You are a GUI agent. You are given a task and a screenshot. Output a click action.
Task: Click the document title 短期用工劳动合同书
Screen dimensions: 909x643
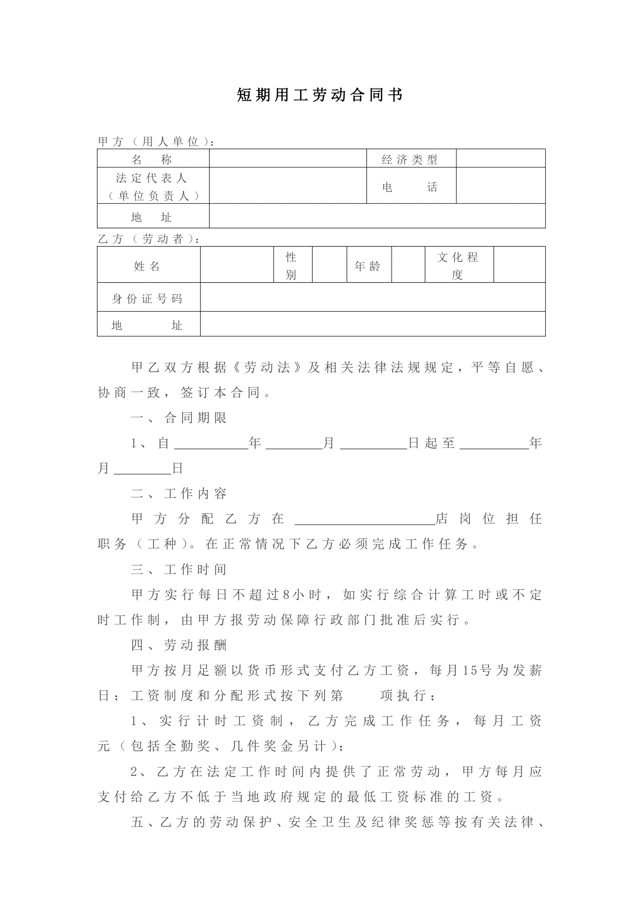320,95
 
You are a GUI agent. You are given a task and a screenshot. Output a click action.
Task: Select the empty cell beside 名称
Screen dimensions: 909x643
287,159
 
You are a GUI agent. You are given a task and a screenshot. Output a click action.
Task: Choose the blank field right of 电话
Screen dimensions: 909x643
500,186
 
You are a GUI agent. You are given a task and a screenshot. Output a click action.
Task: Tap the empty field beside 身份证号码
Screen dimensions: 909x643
372,297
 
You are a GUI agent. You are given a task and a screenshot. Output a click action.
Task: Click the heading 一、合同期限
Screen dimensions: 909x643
179,418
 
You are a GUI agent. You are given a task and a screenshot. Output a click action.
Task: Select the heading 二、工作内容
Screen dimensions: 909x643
179,493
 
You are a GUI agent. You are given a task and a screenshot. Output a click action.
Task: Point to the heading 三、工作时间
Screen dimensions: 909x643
179,569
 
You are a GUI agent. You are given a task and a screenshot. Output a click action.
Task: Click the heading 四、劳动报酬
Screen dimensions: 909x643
179,645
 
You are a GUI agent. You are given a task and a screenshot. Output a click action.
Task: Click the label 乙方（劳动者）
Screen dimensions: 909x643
148,239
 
